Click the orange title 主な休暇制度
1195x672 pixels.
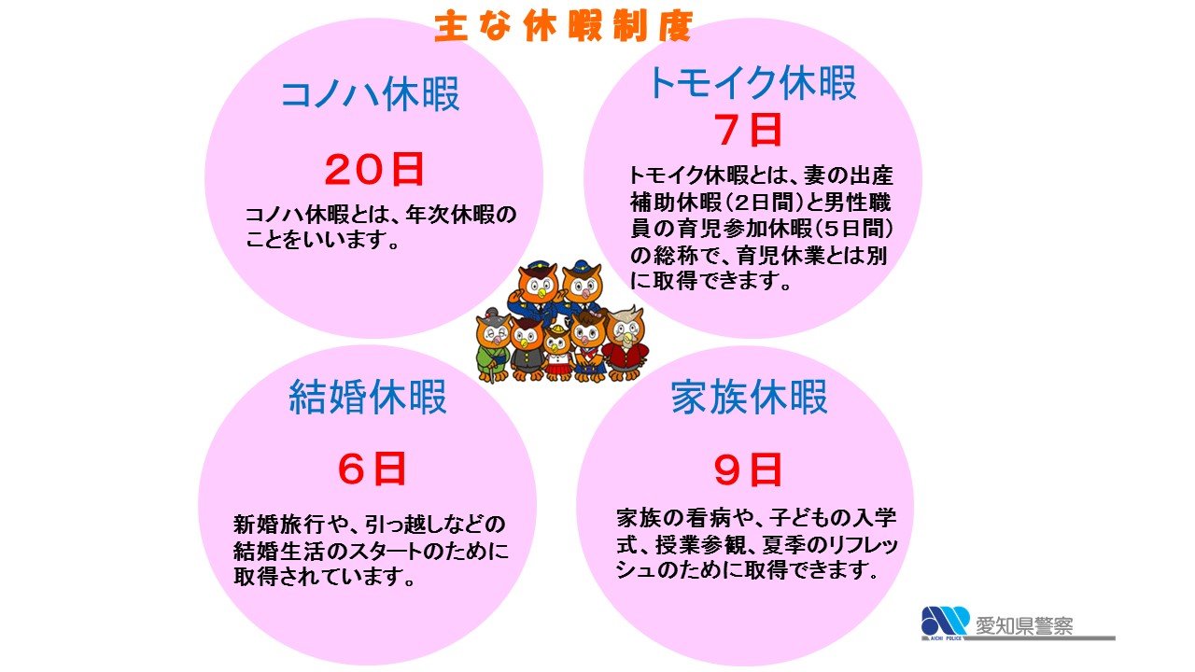(x=564, y=26)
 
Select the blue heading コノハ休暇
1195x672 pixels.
(x=371, y=95)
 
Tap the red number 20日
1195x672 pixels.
(x=374, y=170)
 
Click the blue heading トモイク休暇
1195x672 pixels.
(x=752, y=84)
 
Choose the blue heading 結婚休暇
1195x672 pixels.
(x=368, y=397)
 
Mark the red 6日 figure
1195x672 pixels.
(x=372, y=470)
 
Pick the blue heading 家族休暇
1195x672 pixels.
(x=750, y=398)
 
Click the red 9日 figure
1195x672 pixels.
(x=747, y=470)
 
